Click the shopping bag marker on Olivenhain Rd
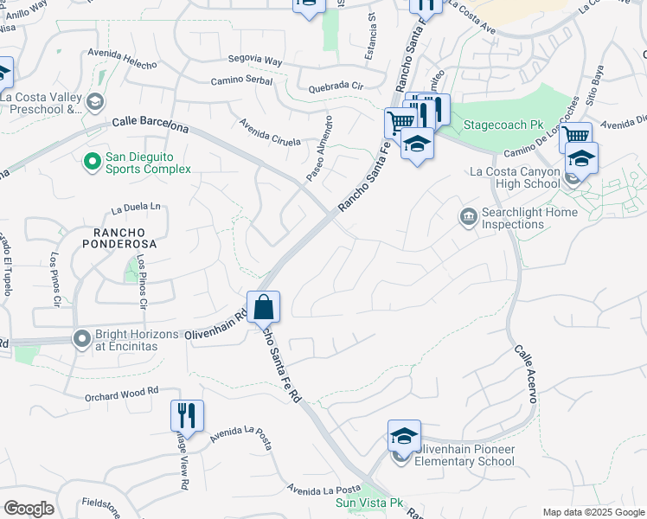tap(264, 307)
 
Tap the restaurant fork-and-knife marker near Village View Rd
tap(187, 416)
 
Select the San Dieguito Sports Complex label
tap(148, 163)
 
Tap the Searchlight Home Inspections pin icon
tap(469, 215)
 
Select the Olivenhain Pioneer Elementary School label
tap(464, 456)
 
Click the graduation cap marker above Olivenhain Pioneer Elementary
tap(404, 437)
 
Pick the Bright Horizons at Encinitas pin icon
tap(82, 337)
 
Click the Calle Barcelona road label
tap(150, 125)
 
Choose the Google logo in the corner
tap(29, 509)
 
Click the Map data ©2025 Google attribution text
tap(593, 512)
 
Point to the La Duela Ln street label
tap(137, 208)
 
